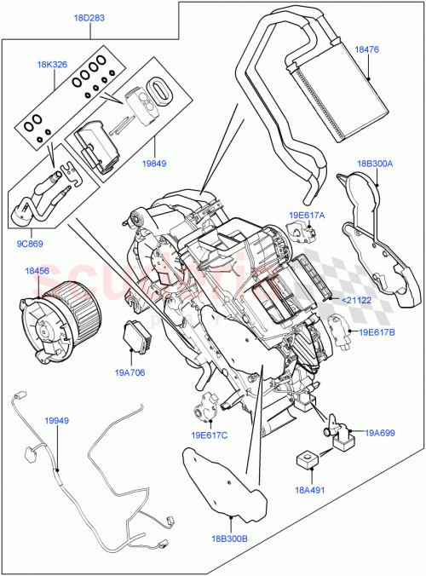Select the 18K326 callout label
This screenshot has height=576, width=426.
tap(53, 64)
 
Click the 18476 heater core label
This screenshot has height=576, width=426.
tap(368, 51)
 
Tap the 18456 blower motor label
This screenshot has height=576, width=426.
tap(36, 271)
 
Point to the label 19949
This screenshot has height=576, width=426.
tap(57, 421)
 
